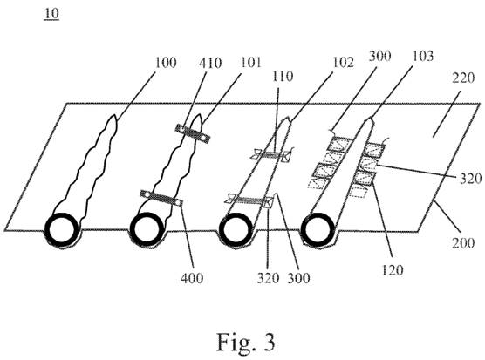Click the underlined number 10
click(x=51, y=14)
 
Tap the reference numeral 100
click(x=166, y=63)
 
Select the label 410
click(x=210, y=64)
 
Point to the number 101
click(x=250, y=63)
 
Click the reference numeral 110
click(x=283, y=77)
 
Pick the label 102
click(x=343, y=63)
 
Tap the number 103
click(x=423, y=56)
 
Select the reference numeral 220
click(x=463, y=78)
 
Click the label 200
click(x=463, y=243)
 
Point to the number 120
click(x=393, y=270)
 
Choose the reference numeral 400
click(x=192, y=278)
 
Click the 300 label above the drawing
click(x=379, y=56)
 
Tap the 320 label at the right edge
click(x=470, y=179)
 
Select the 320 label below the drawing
click(x=268, y=278)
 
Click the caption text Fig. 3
click(x=246, y=342)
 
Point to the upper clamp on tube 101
click(x=193, y=133)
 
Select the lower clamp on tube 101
click(x=161, y=198)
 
